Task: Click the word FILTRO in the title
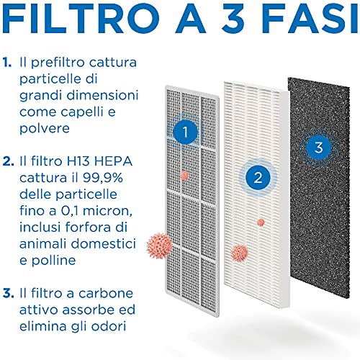[81, 19]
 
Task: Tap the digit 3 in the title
[233, 19]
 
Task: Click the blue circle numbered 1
[185, 132]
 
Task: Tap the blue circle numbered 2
[258, 178]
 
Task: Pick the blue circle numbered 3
[319, 148]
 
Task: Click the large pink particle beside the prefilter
[160, 246]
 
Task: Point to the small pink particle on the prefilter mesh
[184, 176]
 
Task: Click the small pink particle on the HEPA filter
[261, 222]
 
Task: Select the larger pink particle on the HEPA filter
[239, 253]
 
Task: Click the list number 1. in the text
[7, 63]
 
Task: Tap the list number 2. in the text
[9, 161]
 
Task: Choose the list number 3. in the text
[9, 293]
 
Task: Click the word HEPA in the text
[113, 161]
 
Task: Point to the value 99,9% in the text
[103, 178]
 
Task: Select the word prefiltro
[58, 63]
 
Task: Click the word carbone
[106, 293]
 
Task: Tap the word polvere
[45, 129]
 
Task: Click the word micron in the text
[107, 211]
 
